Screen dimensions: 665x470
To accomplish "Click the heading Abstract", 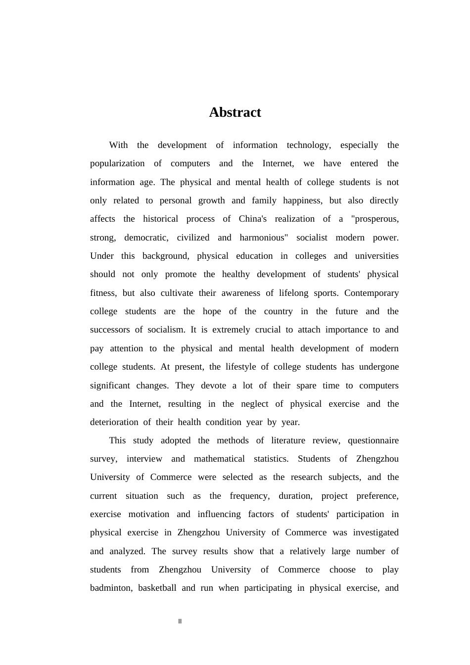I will (x=235, y=112).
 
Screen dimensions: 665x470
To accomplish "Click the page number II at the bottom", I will (x=180, y=621).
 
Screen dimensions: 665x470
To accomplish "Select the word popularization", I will (x=117, y=163).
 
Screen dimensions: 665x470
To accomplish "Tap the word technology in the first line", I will (x=308, y=145).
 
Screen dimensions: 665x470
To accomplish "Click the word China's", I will (x=253, y=219).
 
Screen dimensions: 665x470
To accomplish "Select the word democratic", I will (x=146, y=237).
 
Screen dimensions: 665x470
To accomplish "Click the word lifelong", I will (x=293, y=293).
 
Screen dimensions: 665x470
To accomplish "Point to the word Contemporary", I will (x=372, y=293).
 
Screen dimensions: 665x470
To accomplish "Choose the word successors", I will (x=111, y=330).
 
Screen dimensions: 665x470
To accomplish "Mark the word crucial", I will (x=268, y=330).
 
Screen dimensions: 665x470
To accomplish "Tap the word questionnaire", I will (x=373, y=440).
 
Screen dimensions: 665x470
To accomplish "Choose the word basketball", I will (x=157, y=588).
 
